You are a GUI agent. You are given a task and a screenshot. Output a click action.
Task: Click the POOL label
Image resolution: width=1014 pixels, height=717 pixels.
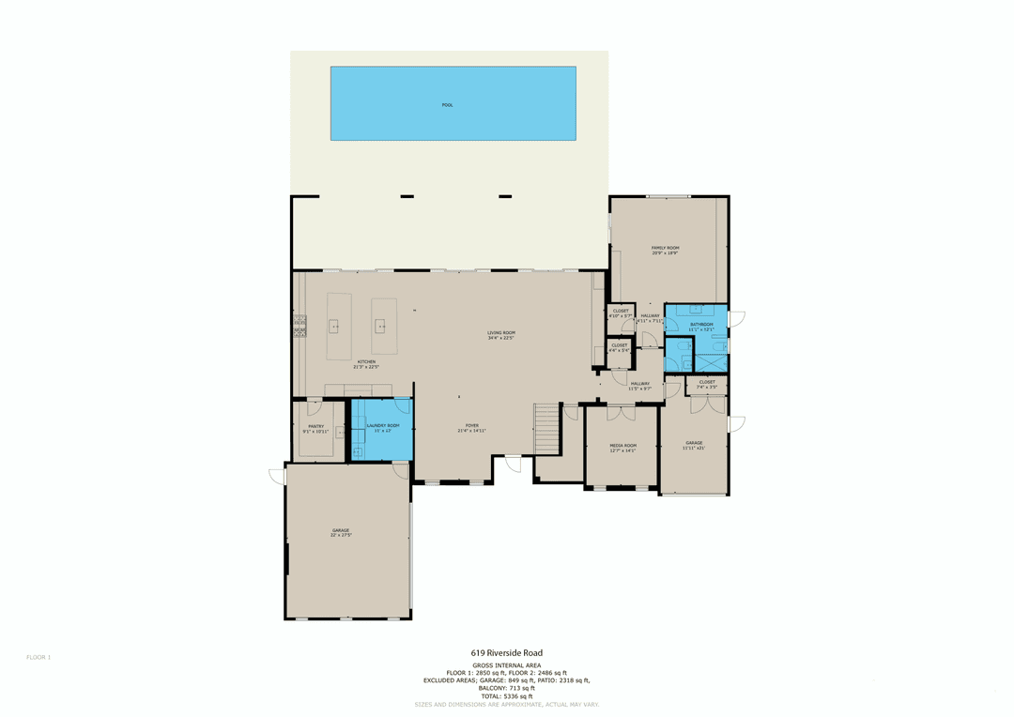447,105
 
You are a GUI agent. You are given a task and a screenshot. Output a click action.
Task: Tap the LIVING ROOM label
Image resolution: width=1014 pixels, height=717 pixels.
501,333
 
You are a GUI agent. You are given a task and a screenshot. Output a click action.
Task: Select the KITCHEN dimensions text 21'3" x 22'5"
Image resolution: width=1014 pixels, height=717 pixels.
366,368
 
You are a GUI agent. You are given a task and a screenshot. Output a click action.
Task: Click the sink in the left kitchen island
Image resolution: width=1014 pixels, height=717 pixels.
333,327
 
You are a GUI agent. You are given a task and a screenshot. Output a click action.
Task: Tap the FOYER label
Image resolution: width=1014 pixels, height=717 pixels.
471,425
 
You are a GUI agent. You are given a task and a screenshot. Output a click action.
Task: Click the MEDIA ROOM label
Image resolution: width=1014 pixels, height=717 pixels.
622,446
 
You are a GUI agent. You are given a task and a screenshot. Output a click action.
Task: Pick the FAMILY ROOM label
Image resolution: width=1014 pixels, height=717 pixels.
665,248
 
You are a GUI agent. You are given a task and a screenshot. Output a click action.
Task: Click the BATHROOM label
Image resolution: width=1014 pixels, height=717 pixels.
701,325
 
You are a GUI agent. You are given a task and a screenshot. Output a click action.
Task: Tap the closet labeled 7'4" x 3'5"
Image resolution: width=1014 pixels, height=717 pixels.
706,384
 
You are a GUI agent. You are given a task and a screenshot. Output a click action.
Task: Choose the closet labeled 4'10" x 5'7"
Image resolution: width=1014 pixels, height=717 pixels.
621,313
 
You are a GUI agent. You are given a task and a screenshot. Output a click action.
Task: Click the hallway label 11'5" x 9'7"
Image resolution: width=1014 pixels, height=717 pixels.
639,385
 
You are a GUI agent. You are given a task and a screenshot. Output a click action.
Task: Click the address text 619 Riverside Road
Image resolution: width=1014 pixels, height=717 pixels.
506,653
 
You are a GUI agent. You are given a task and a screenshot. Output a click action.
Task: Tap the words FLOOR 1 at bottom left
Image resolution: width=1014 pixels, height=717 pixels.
38,657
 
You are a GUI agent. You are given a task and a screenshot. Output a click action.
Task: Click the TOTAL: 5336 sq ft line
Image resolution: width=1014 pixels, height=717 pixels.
506,696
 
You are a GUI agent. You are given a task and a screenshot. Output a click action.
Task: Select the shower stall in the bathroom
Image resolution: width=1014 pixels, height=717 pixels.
711,363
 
